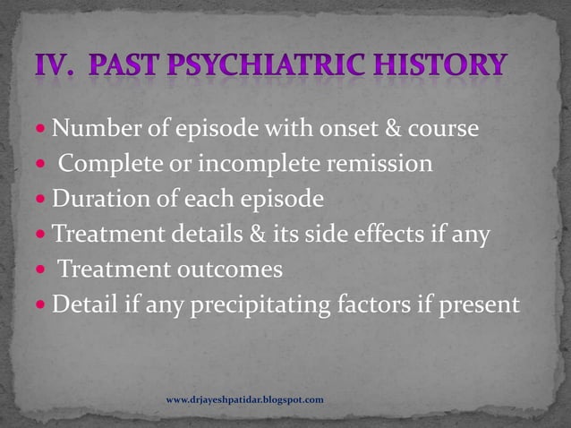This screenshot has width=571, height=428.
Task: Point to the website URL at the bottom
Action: [x=245, y=398]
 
